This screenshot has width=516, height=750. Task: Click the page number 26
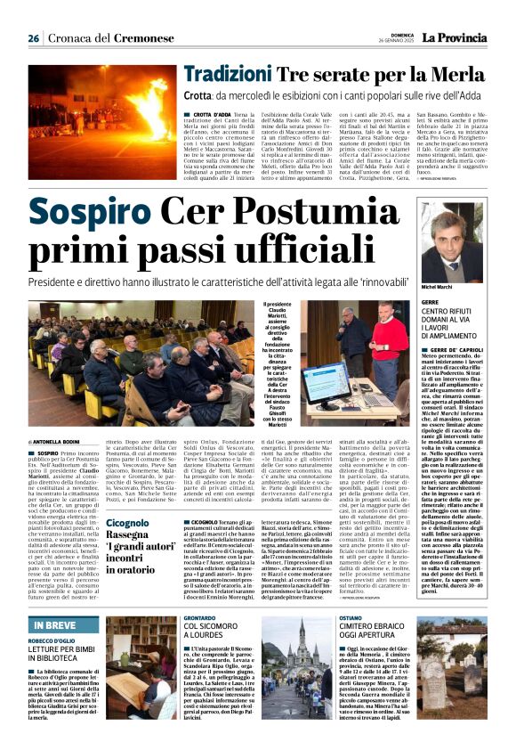[x=33, y=38]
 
